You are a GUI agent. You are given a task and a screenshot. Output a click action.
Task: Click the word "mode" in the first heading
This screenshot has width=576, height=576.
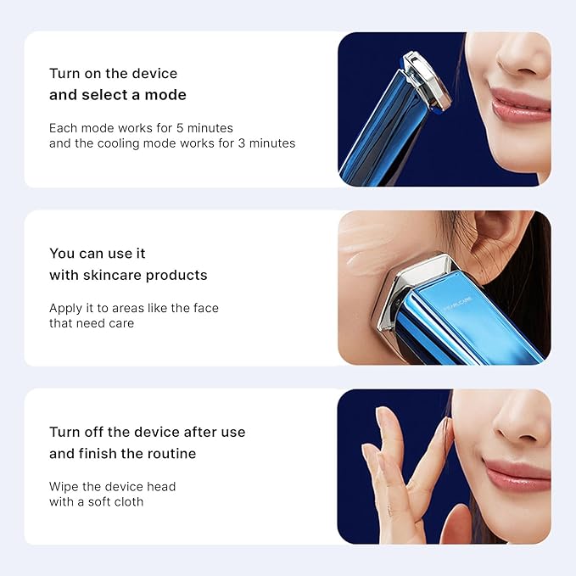[x=166, y=95]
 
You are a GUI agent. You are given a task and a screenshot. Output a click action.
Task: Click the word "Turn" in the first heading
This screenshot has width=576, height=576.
[x=64, y=73]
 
